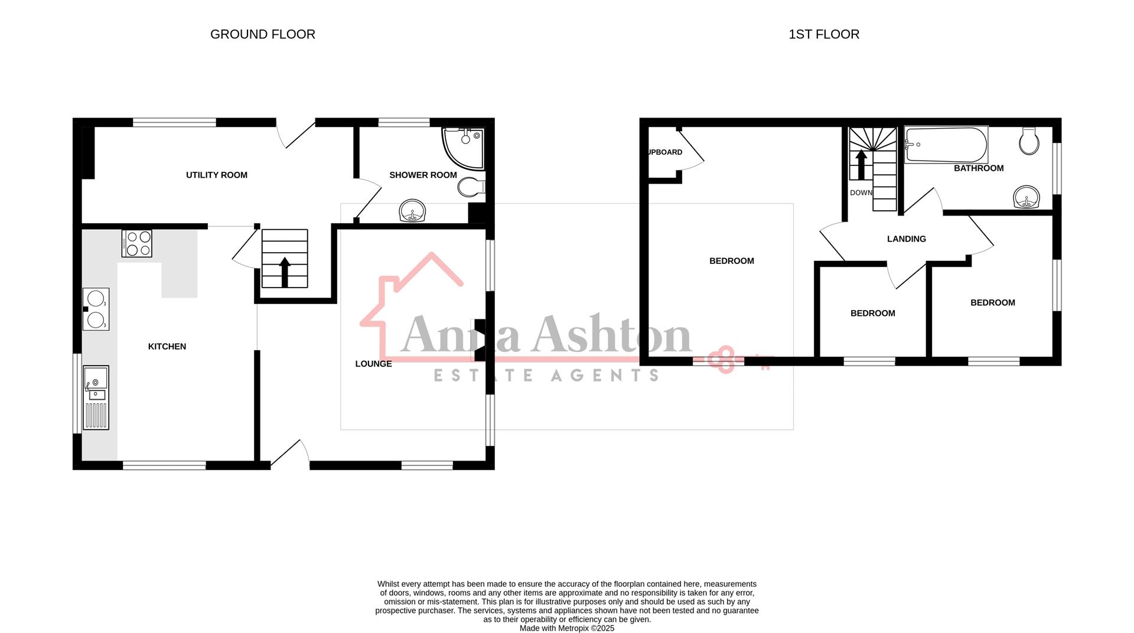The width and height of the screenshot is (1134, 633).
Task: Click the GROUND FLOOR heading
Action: click(262, 34)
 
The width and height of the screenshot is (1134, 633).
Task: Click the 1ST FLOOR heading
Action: click(823, 34)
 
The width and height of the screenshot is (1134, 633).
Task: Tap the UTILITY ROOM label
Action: click(216, 175)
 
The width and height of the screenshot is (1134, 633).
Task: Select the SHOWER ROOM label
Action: click(423, 175)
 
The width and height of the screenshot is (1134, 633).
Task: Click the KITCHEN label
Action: click(167, 347)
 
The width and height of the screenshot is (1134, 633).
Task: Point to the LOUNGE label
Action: click(373, 364)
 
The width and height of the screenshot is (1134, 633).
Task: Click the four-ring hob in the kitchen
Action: click(137, 243)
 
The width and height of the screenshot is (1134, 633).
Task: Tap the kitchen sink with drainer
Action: click(96, 397)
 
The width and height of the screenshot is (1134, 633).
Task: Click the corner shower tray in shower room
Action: click(465, 146)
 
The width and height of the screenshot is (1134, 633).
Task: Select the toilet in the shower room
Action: click(470, 187)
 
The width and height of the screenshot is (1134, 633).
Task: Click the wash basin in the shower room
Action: click(412, 211)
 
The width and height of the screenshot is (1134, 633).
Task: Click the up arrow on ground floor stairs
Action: click(285, 272)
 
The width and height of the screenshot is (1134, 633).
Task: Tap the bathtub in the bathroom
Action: click(946, 145)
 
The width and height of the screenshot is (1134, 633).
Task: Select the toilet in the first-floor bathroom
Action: click(1029, 141)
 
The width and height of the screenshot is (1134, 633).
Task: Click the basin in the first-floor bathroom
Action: click(1027, 197)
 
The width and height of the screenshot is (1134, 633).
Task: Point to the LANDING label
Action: click(906, 239)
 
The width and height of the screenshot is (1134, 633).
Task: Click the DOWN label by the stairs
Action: click(861, 193)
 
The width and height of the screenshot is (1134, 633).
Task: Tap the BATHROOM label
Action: click(978, 168)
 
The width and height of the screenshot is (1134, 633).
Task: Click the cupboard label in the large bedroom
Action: click(665, 152)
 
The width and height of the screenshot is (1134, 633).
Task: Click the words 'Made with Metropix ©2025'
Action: click(566, 628)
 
